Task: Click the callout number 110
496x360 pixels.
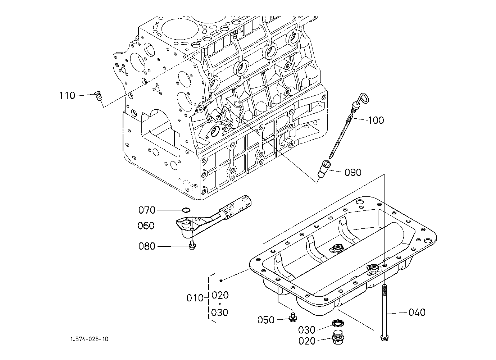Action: coord(67,96)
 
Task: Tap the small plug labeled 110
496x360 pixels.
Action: coord(98,96)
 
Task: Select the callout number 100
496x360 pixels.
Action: coord(376,120)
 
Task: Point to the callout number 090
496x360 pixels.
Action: coord(353,172)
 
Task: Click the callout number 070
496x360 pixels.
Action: coord(147,210)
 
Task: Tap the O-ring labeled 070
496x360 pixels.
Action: coord(186,210)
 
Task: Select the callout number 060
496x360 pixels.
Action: coord(146,226)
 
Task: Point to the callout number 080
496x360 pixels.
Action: coord(147,246)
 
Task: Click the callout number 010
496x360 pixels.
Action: coord(195,298)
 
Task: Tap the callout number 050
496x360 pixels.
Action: coord(266,320)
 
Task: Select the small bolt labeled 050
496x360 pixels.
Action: coord(293,318)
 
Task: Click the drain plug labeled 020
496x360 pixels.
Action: coord(338,337)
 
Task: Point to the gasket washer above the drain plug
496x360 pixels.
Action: coord(338,323)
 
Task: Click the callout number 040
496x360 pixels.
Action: coord(417,312)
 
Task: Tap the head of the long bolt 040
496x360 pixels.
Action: coord(384,338)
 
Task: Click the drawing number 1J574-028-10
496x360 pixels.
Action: coord(90,339)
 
